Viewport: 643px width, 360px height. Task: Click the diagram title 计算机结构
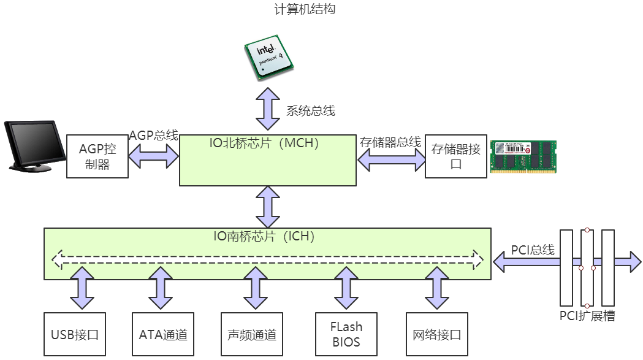pos(305,10)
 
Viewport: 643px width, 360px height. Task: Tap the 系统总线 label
pos(311,111)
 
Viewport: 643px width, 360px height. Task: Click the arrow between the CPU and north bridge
pos(267,105)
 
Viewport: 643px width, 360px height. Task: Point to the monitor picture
pos(34,146)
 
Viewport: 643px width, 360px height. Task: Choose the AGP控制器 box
pos(97,156)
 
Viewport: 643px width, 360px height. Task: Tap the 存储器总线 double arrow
pos(391,160)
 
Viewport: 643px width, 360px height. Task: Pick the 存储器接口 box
pos(455,156)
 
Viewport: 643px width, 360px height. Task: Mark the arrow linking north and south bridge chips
pos(267,207)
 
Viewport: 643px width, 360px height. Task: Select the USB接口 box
pos(75,334)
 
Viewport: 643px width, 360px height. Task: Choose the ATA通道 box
pos(163,334)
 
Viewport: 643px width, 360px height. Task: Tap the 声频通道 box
pos(251,334)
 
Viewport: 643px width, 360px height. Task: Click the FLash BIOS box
pos(346,334)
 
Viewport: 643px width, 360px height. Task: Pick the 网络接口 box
pos(437,334)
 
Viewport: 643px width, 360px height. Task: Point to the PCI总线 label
pos(533,250)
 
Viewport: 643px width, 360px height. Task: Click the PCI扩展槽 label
pos(587,316)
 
